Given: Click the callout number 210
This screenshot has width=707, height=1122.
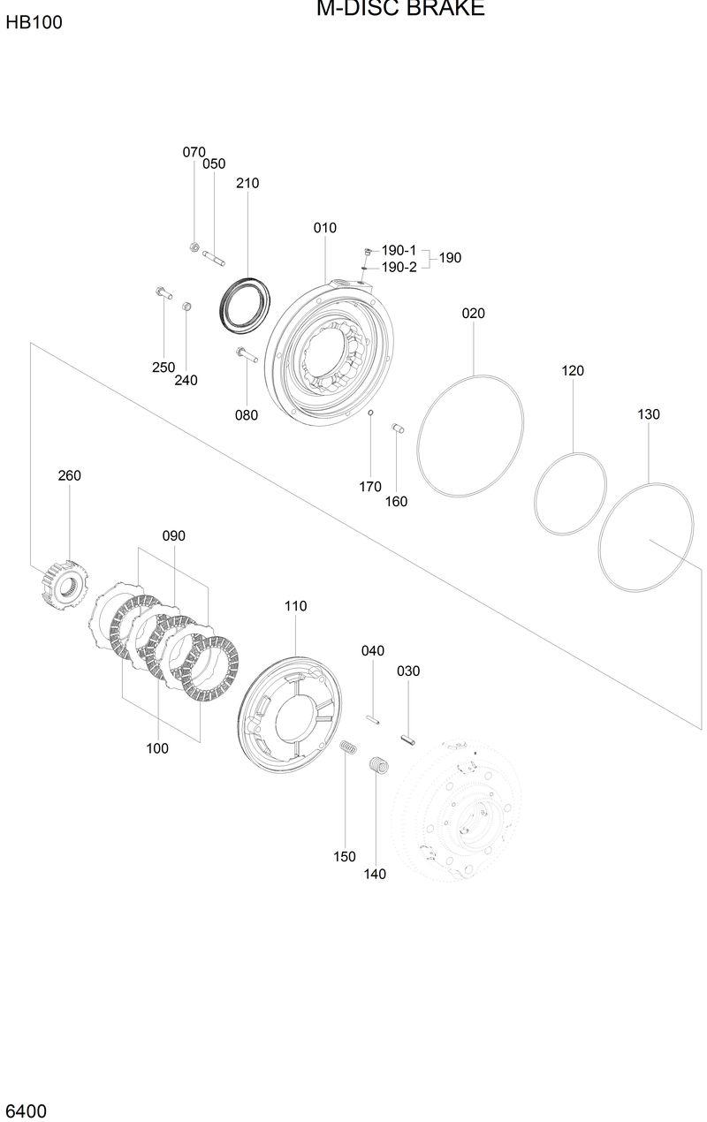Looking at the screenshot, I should point(247,184).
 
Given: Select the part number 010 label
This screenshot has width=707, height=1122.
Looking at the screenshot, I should point(324,228).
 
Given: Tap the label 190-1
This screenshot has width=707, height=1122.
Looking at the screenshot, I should point(399,250).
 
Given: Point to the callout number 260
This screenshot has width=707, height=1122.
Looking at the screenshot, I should point(69,475).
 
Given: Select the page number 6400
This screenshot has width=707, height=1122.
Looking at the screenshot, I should point(27,1111).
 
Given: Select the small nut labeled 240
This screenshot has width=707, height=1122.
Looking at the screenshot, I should point(186,307).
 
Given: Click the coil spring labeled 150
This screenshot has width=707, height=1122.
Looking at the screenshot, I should point(349,748).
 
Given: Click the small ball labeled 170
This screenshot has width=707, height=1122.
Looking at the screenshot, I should point(371,413).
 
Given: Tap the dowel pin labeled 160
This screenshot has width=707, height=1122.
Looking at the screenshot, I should point(398,428).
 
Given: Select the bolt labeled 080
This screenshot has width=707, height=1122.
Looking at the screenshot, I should point(245,355).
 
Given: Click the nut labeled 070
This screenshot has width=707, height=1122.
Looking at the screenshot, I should point(194,247).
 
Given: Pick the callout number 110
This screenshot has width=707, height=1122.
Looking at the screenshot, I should point(295,606).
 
